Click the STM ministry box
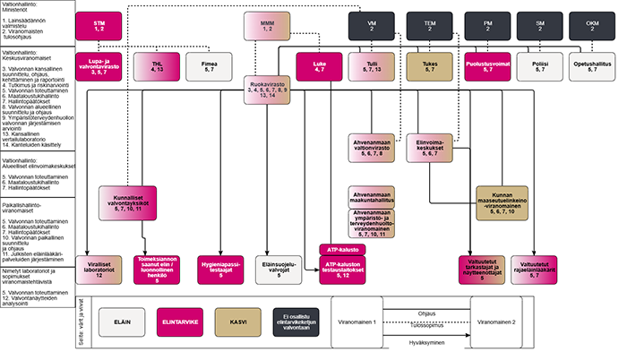112,23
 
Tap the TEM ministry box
423,23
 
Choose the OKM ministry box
591,23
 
